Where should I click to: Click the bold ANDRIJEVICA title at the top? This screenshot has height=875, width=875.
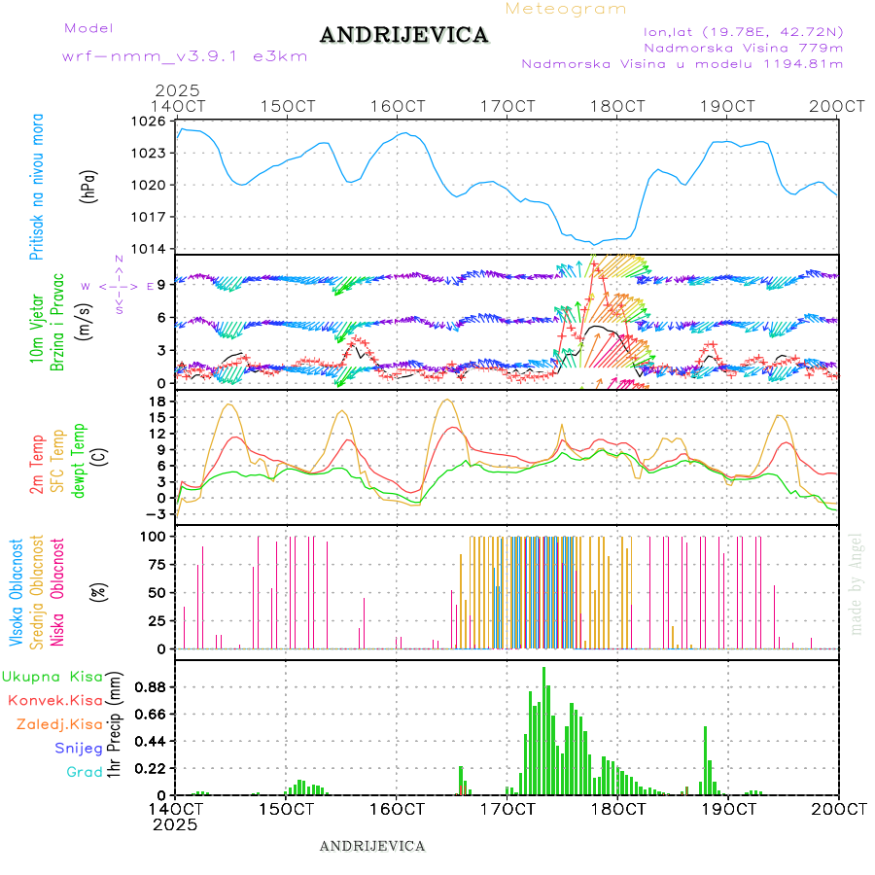(403, 36)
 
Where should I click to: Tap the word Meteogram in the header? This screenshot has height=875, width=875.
(567, 9)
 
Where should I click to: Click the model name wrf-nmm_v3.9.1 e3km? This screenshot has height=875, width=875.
(184, 55)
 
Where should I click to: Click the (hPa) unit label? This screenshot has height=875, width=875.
(88, 185)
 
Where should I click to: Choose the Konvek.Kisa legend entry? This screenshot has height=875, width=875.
(54, 700)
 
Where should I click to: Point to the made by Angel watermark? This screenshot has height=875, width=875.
(857, 583)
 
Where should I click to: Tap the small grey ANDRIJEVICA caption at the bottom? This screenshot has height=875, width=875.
(372, 846)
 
